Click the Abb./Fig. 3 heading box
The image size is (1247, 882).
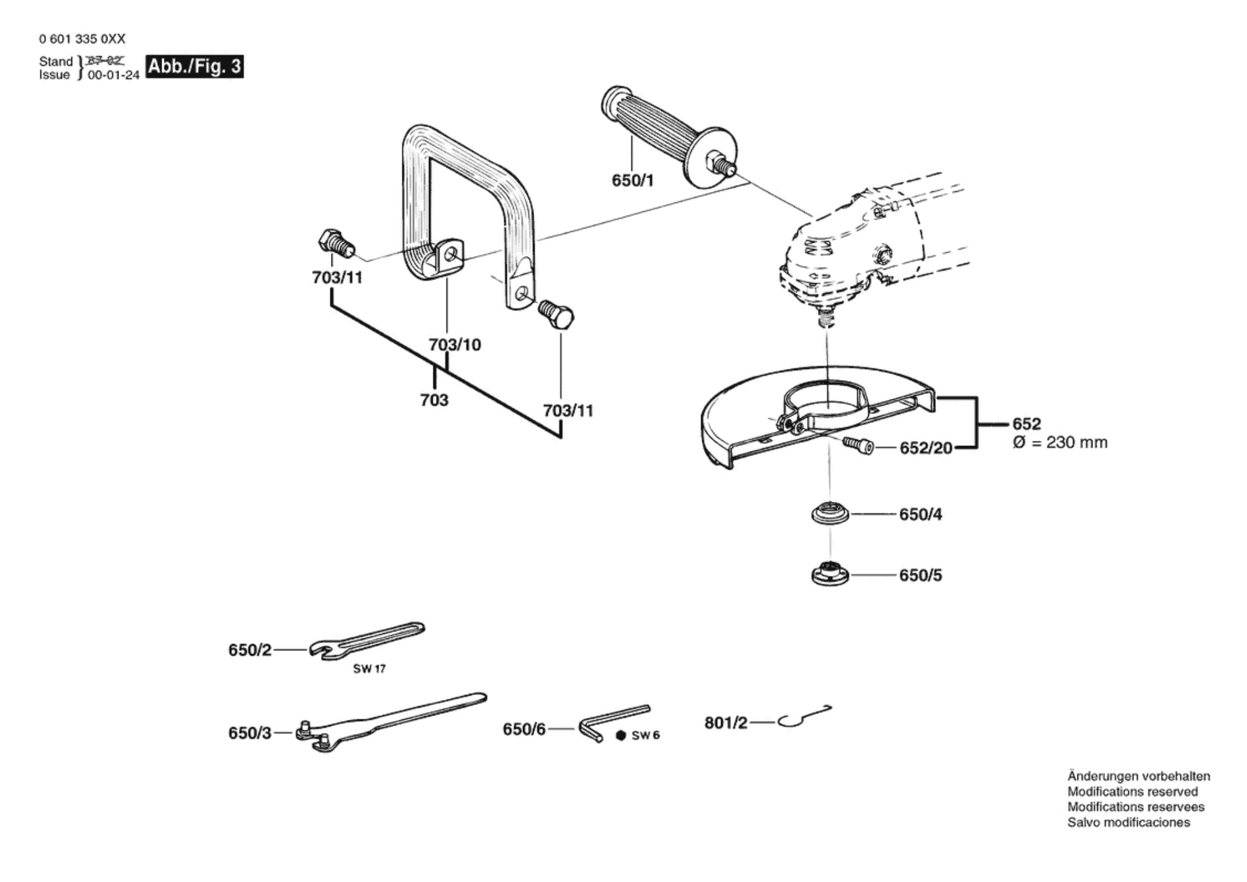[x=194, y=66]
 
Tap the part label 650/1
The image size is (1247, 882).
[x=632, y=180]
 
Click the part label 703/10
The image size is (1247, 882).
[x=455, y=345]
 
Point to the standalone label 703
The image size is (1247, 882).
[x=434, y=400]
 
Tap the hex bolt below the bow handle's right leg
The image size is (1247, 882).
[x=556, y=315]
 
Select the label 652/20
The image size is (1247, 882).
[x=926, y=447]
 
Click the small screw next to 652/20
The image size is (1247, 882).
[x=858, y=445]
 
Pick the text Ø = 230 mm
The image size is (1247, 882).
[x=1060, y=443]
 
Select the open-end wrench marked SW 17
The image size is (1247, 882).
[x=366, y=640]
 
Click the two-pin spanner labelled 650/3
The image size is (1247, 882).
[x=391, y=722]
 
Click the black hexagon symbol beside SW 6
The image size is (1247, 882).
[x=621, y=735]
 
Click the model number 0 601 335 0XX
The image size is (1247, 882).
[x=82, y=39]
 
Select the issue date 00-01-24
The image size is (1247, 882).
[x=114, y=75]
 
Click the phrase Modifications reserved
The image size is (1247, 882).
[x=1133, y=792]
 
